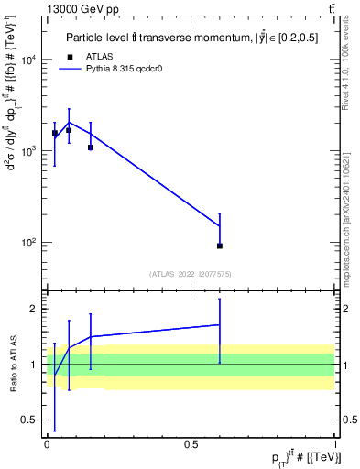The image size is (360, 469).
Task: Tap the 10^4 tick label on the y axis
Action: (x=29, y=60)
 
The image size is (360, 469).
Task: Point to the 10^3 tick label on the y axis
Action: (x=29, y=151)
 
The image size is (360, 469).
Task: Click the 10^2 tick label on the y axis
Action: (x=29, y=243)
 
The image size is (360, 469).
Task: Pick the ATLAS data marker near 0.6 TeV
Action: (x=220, y=245)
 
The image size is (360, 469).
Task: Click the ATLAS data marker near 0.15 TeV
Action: (x=90, y=147)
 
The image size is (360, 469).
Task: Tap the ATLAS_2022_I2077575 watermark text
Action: (x=191, y=273)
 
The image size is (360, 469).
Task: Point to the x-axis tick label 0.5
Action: (x=191, y=443)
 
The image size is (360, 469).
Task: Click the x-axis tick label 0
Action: (x=47, y=443)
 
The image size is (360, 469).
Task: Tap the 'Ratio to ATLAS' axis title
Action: (x=12, y=364)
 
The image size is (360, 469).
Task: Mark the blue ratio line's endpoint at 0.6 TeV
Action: (x=220, y=324)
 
